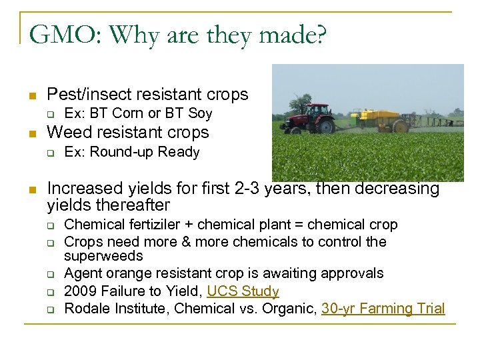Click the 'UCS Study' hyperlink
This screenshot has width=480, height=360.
click(x=243, y=291)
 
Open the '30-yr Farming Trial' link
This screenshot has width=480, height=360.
click(x=383, y=309)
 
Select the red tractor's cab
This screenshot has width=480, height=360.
click(x=319, y=111)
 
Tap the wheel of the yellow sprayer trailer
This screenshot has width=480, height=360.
click(x=401, y=126)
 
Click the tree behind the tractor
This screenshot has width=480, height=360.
click(x=303, y=103)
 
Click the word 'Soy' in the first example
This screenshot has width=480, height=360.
click(x=200, y=113)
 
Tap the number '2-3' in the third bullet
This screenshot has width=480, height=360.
click(x=253, y=189)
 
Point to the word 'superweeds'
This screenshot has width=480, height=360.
click(x=103, y=257)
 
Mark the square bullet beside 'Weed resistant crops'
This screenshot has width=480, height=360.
click(x=31, y=133)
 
